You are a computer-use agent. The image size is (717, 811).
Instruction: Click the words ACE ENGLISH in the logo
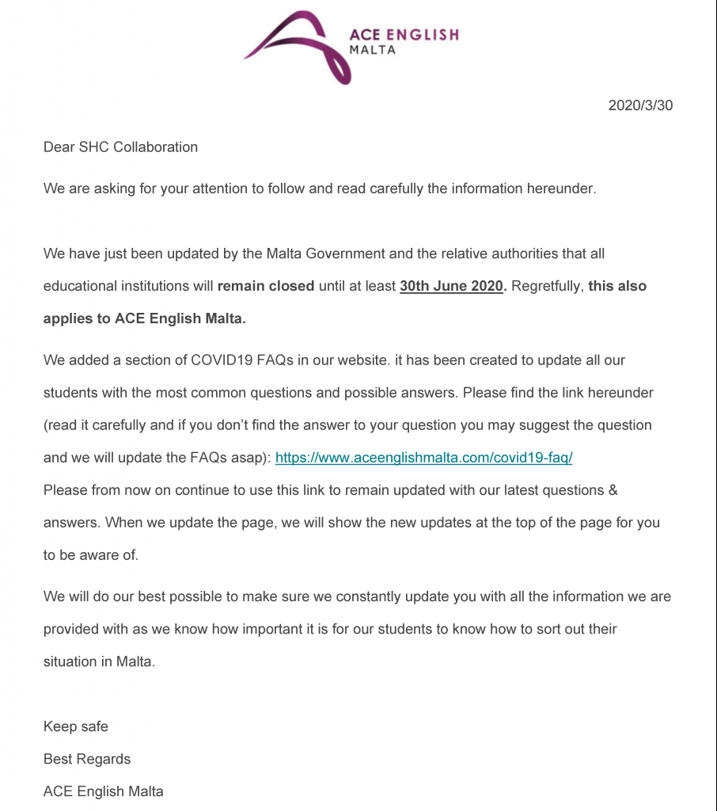tap(404, 35)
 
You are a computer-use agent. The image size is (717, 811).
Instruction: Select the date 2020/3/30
tap(640, 105)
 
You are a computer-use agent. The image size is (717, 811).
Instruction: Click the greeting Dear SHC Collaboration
tap(120, 147)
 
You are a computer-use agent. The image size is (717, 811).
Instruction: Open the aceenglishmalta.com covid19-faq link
tap(423, 458)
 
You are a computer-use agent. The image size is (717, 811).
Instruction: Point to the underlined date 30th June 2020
tap(452, 286)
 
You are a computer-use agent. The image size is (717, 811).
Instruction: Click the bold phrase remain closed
tap(266, 286)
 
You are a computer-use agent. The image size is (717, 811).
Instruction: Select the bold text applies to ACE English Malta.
tap(145, 318)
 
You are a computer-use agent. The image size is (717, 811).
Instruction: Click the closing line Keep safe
tap(76, 726)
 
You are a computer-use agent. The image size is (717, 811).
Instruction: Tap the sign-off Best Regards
tap(87, 759)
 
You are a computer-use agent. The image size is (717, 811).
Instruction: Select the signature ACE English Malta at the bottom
tap(104, 791)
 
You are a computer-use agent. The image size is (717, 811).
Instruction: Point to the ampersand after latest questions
tap(612, 490)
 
